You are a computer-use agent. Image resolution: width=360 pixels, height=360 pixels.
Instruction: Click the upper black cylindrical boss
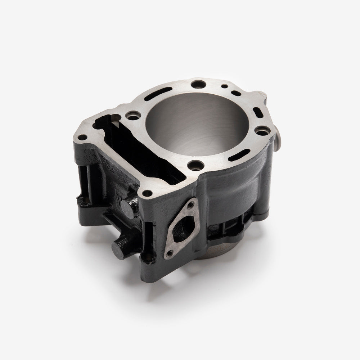coord(127,208)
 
